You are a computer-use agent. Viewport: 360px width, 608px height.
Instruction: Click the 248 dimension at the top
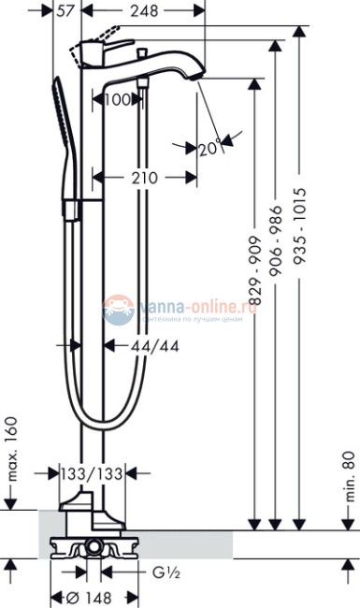click(x=144, y=11)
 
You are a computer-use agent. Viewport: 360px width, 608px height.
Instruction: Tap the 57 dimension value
click(x=65, y=11)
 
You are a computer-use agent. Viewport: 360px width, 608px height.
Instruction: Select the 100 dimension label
click(x=118, y=100)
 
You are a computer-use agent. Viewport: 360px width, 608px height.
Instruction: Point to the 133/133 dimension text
click(x=92, y=474)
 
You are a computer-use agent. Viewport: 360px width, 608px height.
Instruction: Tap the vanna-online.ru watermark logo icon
click(x=119, y=305)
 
